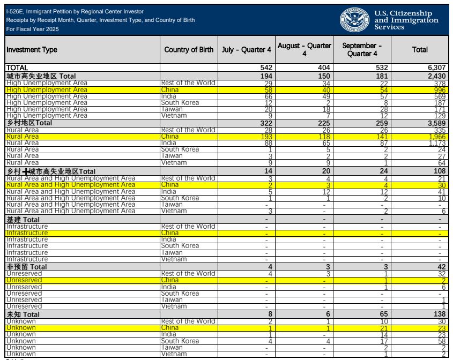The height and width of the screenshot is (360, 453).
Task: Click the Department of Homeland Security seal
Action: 354,20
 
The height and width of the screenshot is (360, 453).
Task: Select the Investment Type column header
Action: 32,50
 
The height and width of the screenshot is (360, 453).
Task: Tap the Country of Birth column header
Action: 189,50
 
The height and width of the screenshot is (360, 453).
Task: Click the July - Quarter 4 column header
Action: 247,50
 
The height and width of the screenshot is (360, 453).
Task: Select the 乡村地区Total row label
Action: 29,123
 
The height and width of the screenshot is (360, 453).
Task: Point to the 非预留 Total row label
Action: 27,266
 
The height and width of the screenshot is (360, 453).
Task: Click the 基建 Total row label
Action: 23,220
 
